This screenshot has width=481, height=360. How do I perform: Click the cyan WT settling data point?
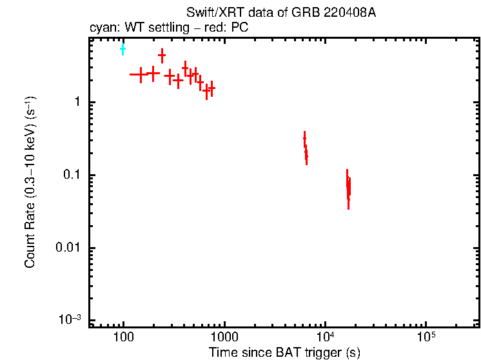(x=123, y=48)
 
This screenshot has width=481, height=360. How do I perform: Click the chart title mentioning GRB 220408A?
(x=280, y=14)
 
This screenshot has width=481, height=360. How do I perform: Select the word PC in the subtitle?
(x=240, y=28)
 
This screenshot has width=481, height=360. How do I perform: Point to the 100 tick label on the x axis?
(x=123, y=337)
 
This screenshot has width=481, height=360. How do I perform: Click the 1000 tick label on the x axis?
(x=224, y=337)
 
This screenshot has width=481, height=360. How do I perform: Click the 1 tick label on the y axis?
(x=76, y=103)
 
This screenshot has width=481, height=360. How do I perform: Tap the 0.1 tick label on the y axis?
(x=70, y=175)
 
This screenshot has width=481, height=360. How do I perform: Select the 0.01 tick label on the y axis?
(x=67, y=248)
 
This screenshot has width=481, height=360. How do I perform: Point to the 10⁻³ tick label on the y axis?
(x=69, y=321)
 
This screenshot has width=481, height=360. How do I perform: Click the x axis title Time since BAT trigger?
(x=284, y=352)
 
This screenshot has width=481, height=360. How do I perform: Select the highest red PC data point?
(x=162, y=55)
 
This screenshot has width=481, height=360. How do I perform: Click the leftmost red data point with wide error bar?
(x=140, y=74)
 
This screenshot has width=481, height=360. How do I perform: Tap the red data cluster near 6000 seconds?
(x=305, y=148)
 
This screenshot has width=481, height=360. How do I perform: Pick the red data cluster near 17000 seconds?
(x=348, y=188)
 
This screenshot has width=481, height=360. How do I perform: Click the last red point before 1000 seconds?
(x=211, y=88)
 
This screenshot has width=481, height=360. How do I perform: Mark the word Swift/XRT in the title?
(x=210, y=14)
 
